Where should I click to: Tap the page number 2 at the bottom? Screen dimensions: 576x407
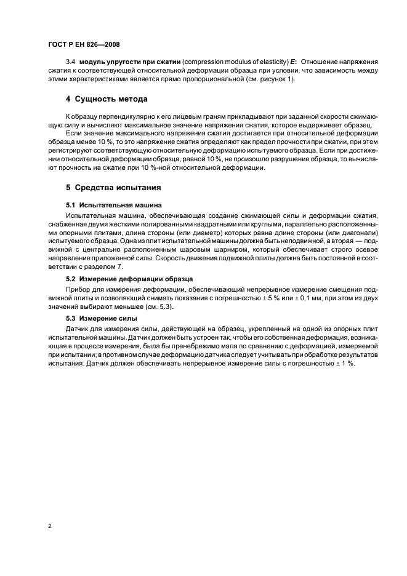pos(49,526)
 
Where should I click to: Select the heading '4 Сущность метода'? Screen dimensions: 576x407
pos(107,99)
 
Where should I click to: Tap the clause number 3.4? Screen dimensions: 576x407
pos(70,63)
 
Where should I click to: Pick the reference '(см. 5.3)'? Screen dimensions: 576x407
pos(160,306)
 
